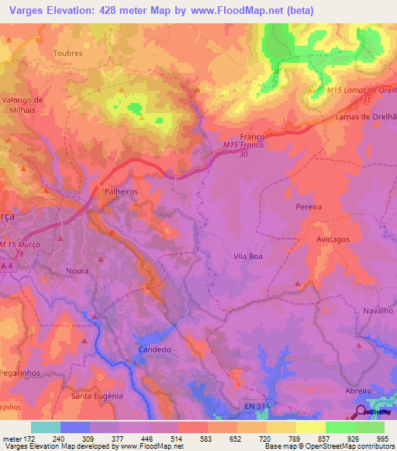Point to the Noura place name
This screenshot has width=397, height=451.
click(x=78, y=271)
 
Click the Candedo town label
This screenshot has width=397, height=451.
click(x=154, y=349)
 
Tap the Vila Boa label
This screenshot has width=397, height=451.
click(x=250, y=254)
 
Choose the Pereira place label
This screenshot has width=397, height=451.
click(x=308, y=208)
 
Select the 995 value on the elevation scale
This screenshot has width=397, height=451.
click(x=383, y=438)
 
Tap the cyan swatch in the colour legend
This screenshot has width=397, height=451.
click(x=46, y=427)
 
